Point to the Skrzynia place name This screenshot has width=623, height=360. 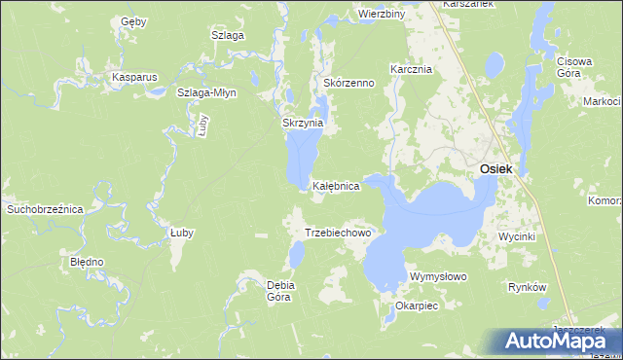[302, 125]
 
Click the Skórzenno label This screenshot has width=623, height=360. [348, 84]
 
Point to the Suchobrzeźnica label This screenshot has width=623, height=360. [46, 208]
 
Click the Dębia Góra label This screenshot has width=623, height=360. [280, 291]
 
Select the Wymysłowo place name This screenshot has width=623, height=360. [439, 277]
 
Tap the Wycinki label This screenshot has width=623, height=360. [516, 237]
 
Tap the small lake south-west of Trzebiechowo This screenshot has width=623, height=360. [297, 255]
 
